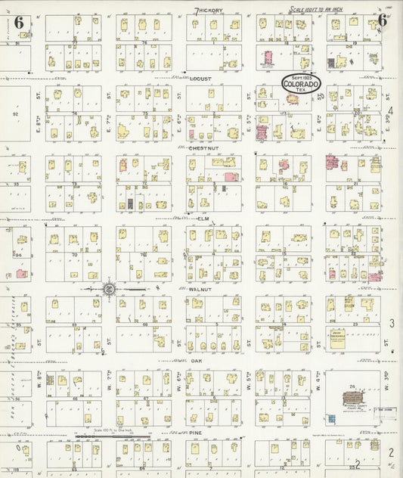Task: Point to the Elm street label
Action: click(203, 219)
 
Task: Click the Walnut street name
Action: click(202, 290)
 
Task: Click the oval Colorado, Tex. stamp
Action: click(301, 83)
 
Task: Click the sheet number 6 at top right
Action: click(383, 20)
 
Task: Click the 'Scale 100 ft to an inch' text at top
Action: click(321, 10)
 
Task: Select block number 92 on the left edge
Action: click(14, 113)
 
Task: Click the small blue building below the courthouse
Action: click(333, 418)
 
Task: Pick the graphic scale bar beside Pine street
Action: click(113, 436)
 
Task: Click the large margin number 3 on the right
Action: click(392, 324)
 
